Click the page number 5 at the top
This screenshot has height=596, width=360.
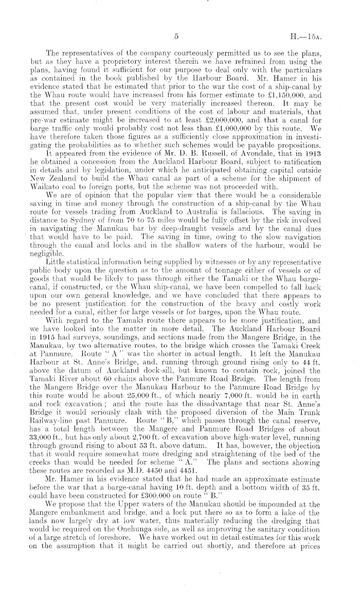click(176, 37)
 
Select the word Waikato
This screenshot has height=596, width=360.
click(61, 183)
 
